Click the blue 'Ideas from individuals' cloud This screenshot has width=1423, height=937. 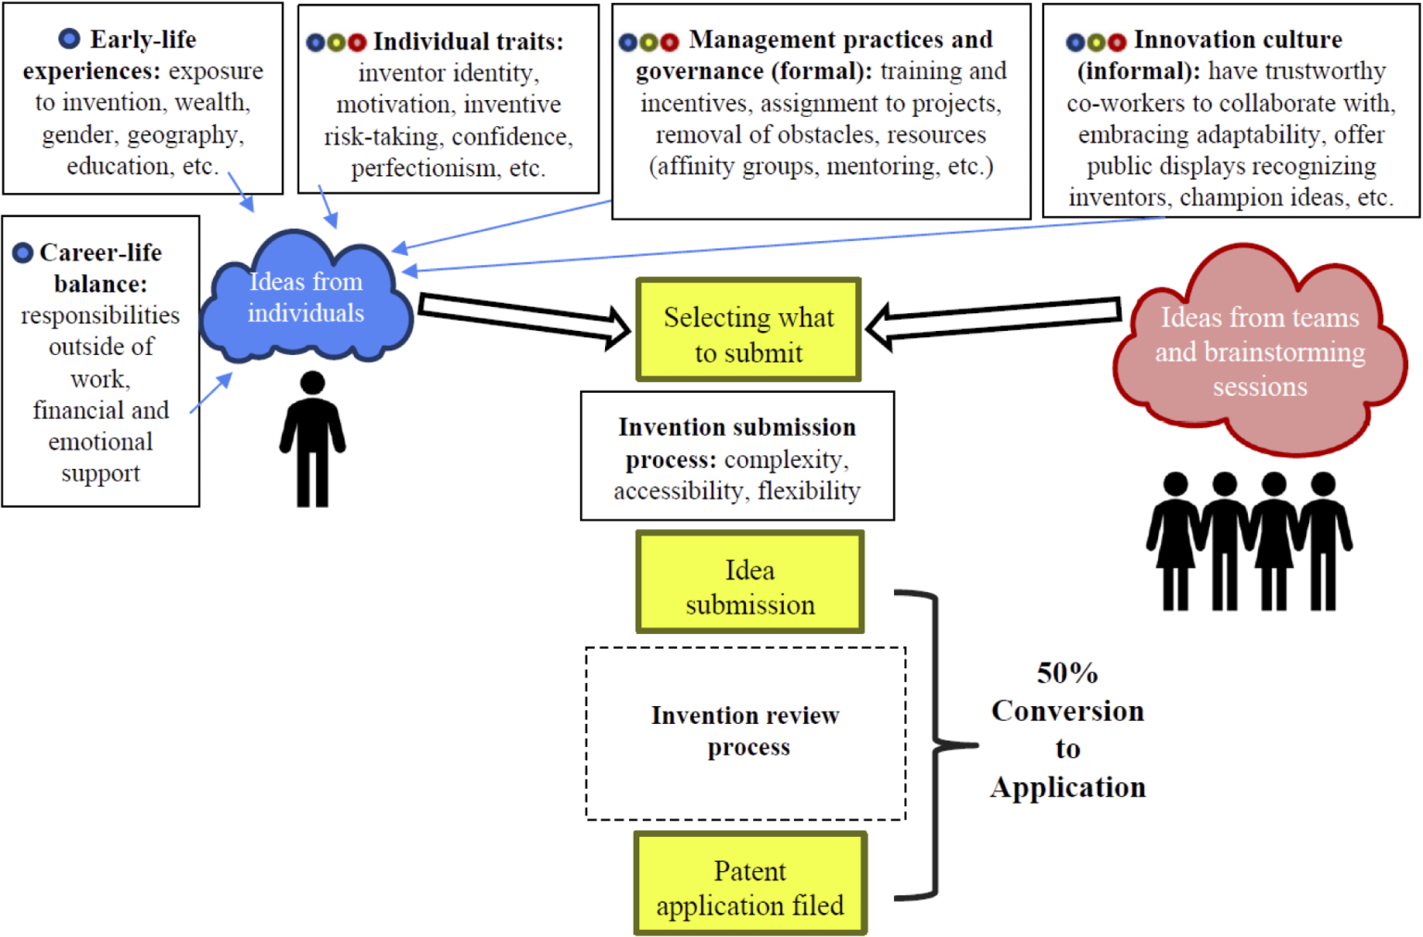tap(306, 297)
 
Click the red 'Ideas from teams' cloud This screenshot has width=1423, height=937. tap(1260, 352)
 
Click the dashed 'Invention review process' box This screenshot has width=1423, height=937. tap(746, 732)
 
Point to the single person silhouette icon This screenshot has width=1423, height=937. tap(313, 440)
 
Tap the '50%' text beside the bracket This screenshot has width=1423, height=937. tap(1067, 673)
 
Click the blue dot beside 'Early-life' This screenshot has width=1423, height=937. tap(69, 39)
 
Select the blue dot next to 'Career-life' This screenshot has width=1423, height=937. tap(23, 252)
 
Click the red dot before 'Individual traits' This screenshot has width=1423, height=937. tap(358, 42)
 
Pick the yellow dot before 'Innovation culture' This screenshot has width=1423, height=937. tap(1096, 42)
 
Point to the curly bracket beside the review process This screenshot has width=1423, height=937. tap(938, 744)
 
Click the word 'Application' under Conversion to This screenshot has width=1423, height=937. tap(1067, 788)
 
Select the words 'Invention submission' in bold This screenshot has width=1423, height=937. tap(737, 427)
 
